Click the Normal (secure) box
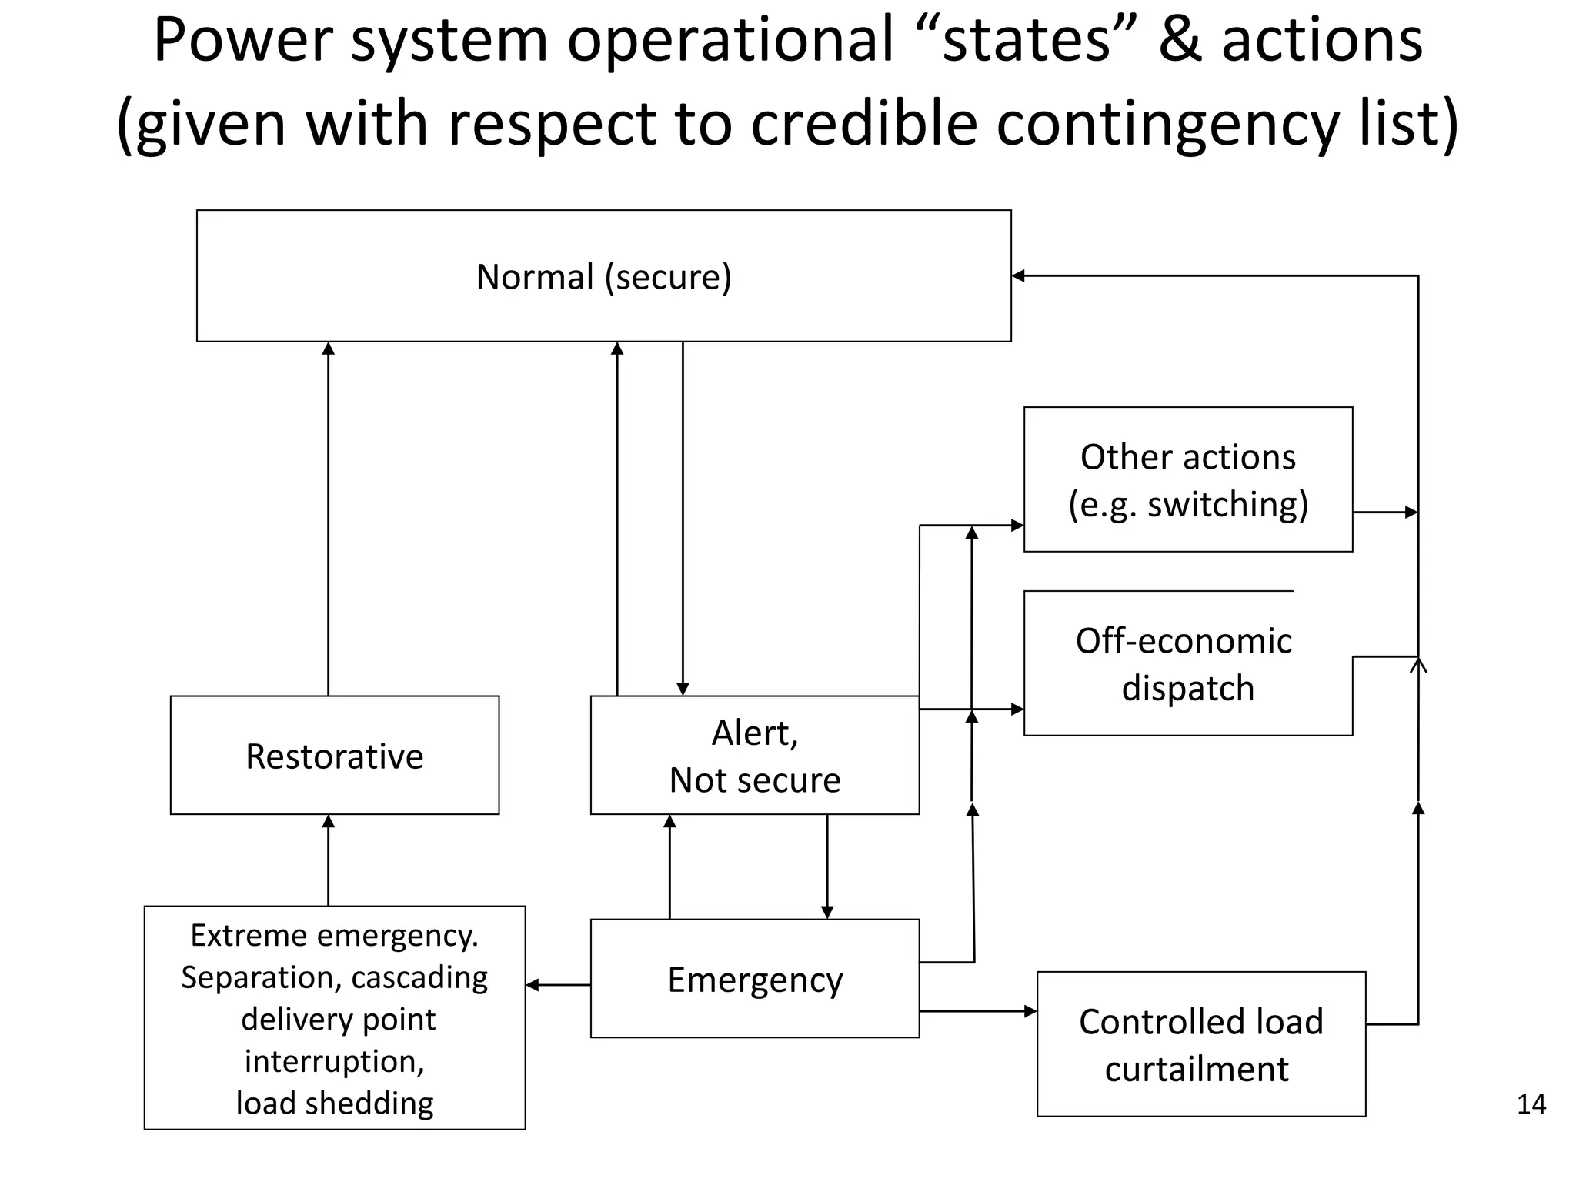point(603,275)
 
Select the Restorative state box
point(334,755)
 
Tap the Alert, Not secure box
point(754,755)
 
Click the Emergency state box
point(754,978)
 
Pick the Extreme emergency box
point(334,1017)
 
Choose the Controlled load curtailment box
point(1200,1043)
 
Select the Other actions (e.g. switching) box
point(1187,479)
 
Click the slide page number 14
point(1531,1104)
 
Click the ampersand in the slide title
point(1180,40)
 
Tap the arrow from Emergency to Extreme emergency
point(558,985)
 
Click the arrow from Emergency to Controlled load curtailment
point(977,1011)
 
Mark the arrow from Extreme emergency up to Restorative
point(329,860)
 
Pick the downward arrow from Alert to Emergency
point(827,866)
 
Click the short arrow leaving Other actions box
point(1385,512)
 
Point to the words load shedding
point(334,1103)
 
